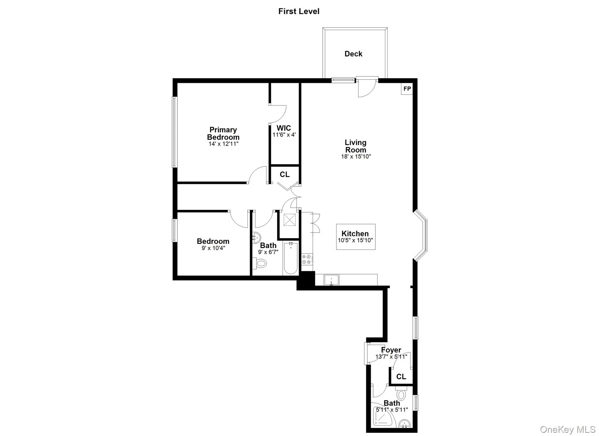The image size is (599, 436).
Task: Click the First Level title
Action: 299,11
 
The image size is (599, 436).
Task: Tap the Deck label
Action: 353,54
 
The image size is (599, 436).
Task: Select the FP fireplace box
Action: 407,89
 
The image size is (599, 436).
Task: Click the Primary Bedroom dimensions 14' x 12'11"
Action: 223,144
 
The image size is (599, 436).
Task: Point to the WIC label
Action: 284,128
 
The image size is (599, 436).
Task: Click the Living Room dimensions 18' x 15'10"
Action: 356,157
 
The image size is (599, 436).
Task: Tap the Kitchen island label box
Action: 355,237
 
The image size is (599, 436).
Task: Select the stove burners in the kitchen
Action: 307,259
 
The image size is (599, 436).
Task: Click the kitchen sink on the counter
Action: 331,280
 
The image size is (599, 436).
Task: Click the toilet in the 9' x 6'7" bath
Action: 260,263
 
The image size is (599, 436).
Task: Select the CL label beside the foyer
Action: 401,377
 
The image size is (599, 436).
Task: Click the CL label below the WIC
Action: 285,175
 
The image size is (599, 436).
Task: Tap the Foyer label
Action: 391,350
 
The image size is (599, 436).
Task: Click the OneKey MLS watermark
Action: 567,430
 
